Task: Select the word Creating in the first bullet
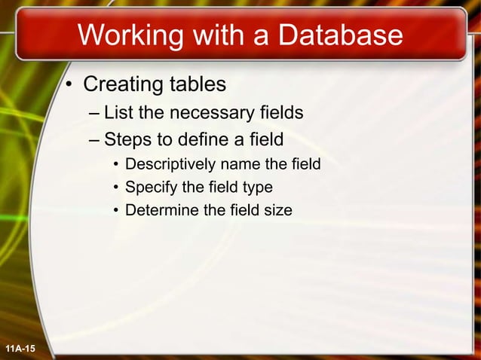click(x=121, y=83)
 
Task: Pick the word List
click(x=117, y=114)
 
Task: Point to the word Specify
click(x=150, y=188)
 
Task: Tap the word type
click(x=257, y=188)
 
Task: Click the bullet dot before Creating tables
click(x=68, y=84)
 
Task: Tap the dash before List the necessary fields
click(x=93, y=114)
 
